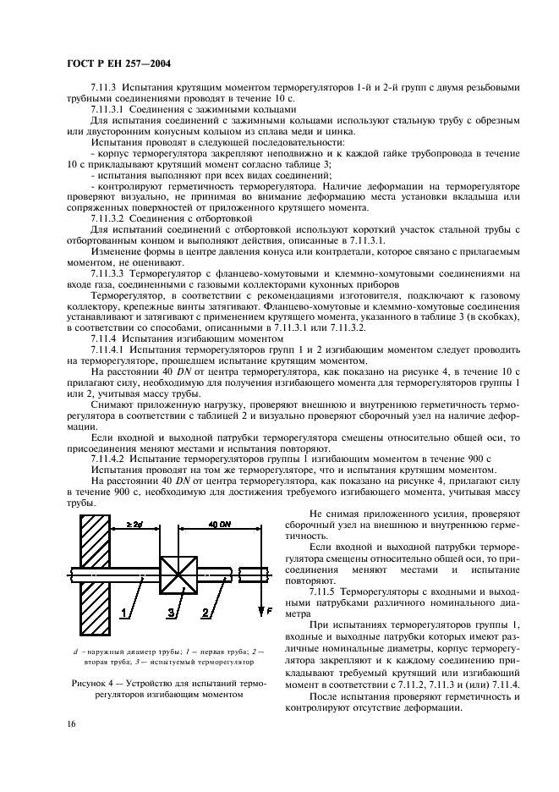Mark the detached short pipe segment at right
tap(254, 575)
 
